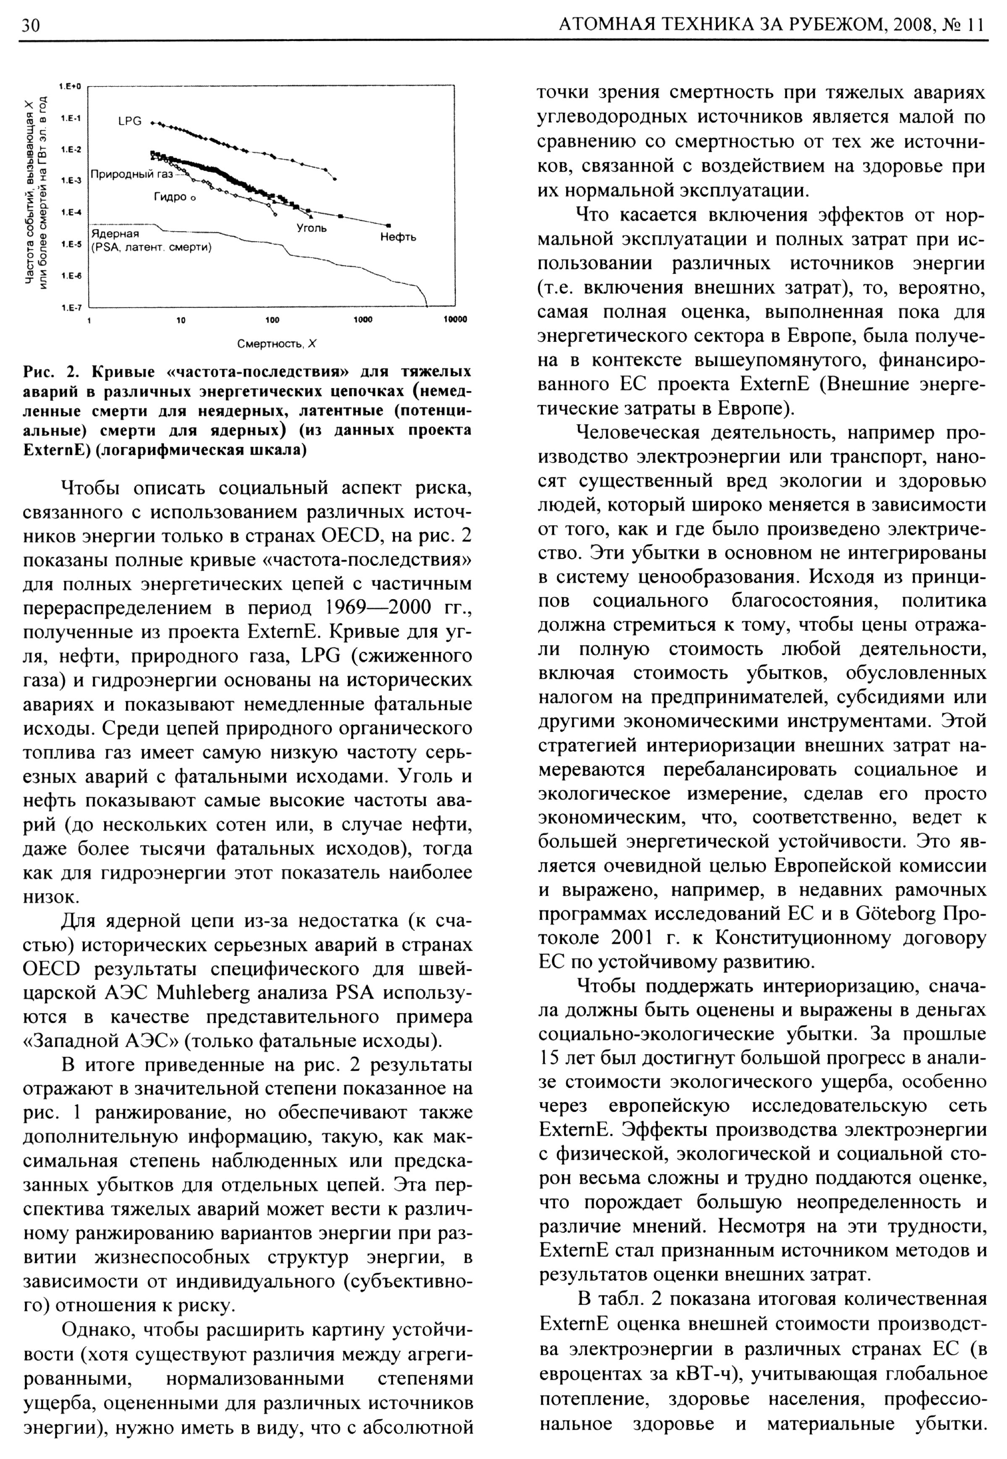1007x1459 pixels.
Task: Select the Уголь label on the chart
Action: point(312,228)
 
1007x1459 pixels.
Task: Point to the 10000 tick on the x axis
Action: point(454,320)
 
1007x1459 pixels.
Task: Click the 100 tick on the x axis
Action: point(272,320)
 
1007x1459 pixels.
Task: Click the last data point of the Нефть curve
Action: point(389,225)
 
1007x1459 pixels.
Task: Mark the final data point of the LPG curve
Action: point(335,179)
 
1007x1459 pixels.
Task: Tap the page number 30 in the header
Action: point(30,25)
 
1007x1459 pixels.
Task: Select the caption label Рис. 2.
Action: point(49,371)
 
